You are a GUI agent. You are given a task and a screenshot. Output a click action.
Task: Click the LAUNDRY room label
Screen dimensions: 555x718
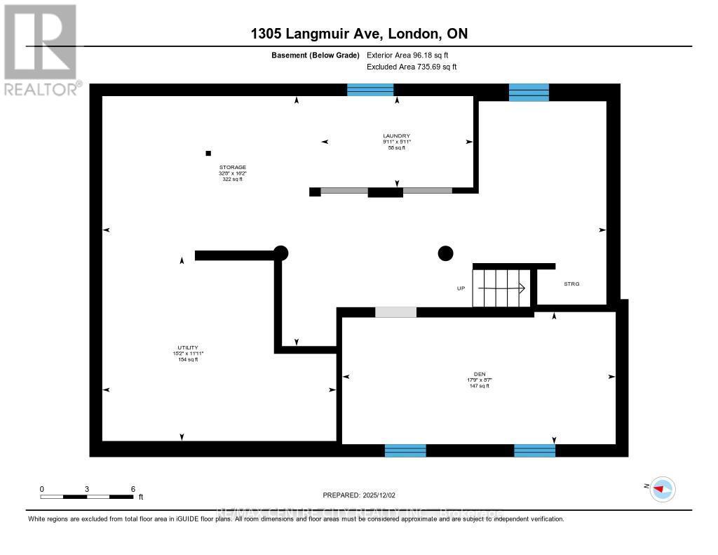pyautogui.click(x=396, y=136)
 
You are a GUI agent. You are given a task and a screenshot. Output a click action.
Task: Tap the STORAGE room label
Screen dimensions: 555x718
pyautogui.click(x=231, y=168)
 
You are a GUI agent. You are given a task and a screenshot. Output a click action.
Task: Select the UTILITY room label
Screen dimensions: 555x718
pyautogui.click(x=187, y=347)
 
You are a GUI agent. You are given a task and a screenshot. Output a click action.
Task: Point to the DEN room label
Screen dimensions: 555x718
pyautogui.click(x=480, y=375)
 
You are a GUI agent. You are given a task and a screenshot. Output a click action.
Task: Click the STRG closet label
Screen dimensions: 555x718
pyautogui.click(x=572, y=283)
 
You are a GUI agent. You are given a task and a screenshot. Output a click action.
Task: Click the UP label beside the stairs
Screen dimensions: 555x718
pyautogui.click(x=461, y=288)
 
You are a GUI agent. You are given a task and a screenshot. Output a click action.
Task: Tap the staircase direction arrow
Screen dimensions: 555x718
pyautogui.click(x=502, y=287)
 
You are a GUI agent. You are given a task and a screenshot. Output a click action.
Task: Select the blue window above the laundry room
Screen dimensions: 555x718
pyautogui.click(x=371, y=89)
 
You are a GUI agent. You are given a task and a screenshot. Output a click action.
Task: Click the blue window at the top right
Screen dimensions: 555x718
pyautogui.click(x=529, y=92)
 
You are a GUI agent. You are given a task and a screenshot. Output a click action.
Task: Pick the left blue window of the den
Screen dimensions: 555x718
pyautogui.click(x=405, y=450)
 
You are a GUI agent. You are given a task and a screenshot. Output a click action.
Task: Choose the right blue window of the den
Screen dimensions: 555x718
pyautogui.click(x=534, y=450)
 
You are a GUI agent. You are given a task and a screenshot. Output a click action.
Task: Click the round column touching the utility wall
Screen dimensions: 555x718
pyautogui.click(x=280, y=253)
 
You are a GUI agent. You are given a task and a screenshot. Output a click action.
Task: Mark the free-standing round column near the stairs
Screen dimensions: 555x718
pyautogui.click(x=445, y=253)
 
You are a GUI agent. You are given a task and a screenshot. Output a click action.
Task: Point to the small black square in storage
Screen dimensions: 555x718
pyautogui.click(x=208, y=153)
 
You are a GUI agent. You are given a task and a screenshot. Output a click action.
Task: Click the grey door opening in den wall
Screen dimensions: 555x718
pyautogui.click(x=395, y=312)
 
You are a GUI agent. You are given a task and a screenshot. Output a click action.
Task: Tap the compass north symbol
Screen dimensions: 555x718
pyautogui.click(x=662, y=488)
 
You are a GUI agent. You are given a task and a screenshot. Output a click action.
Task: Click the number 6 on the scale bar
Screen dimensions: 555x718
pyautogui.click(x=133, y=489)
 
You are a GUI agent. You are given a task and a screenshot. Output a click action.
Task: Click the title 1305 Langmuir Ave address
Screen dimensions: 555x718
pyautogui.click(x=359, y=34)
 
